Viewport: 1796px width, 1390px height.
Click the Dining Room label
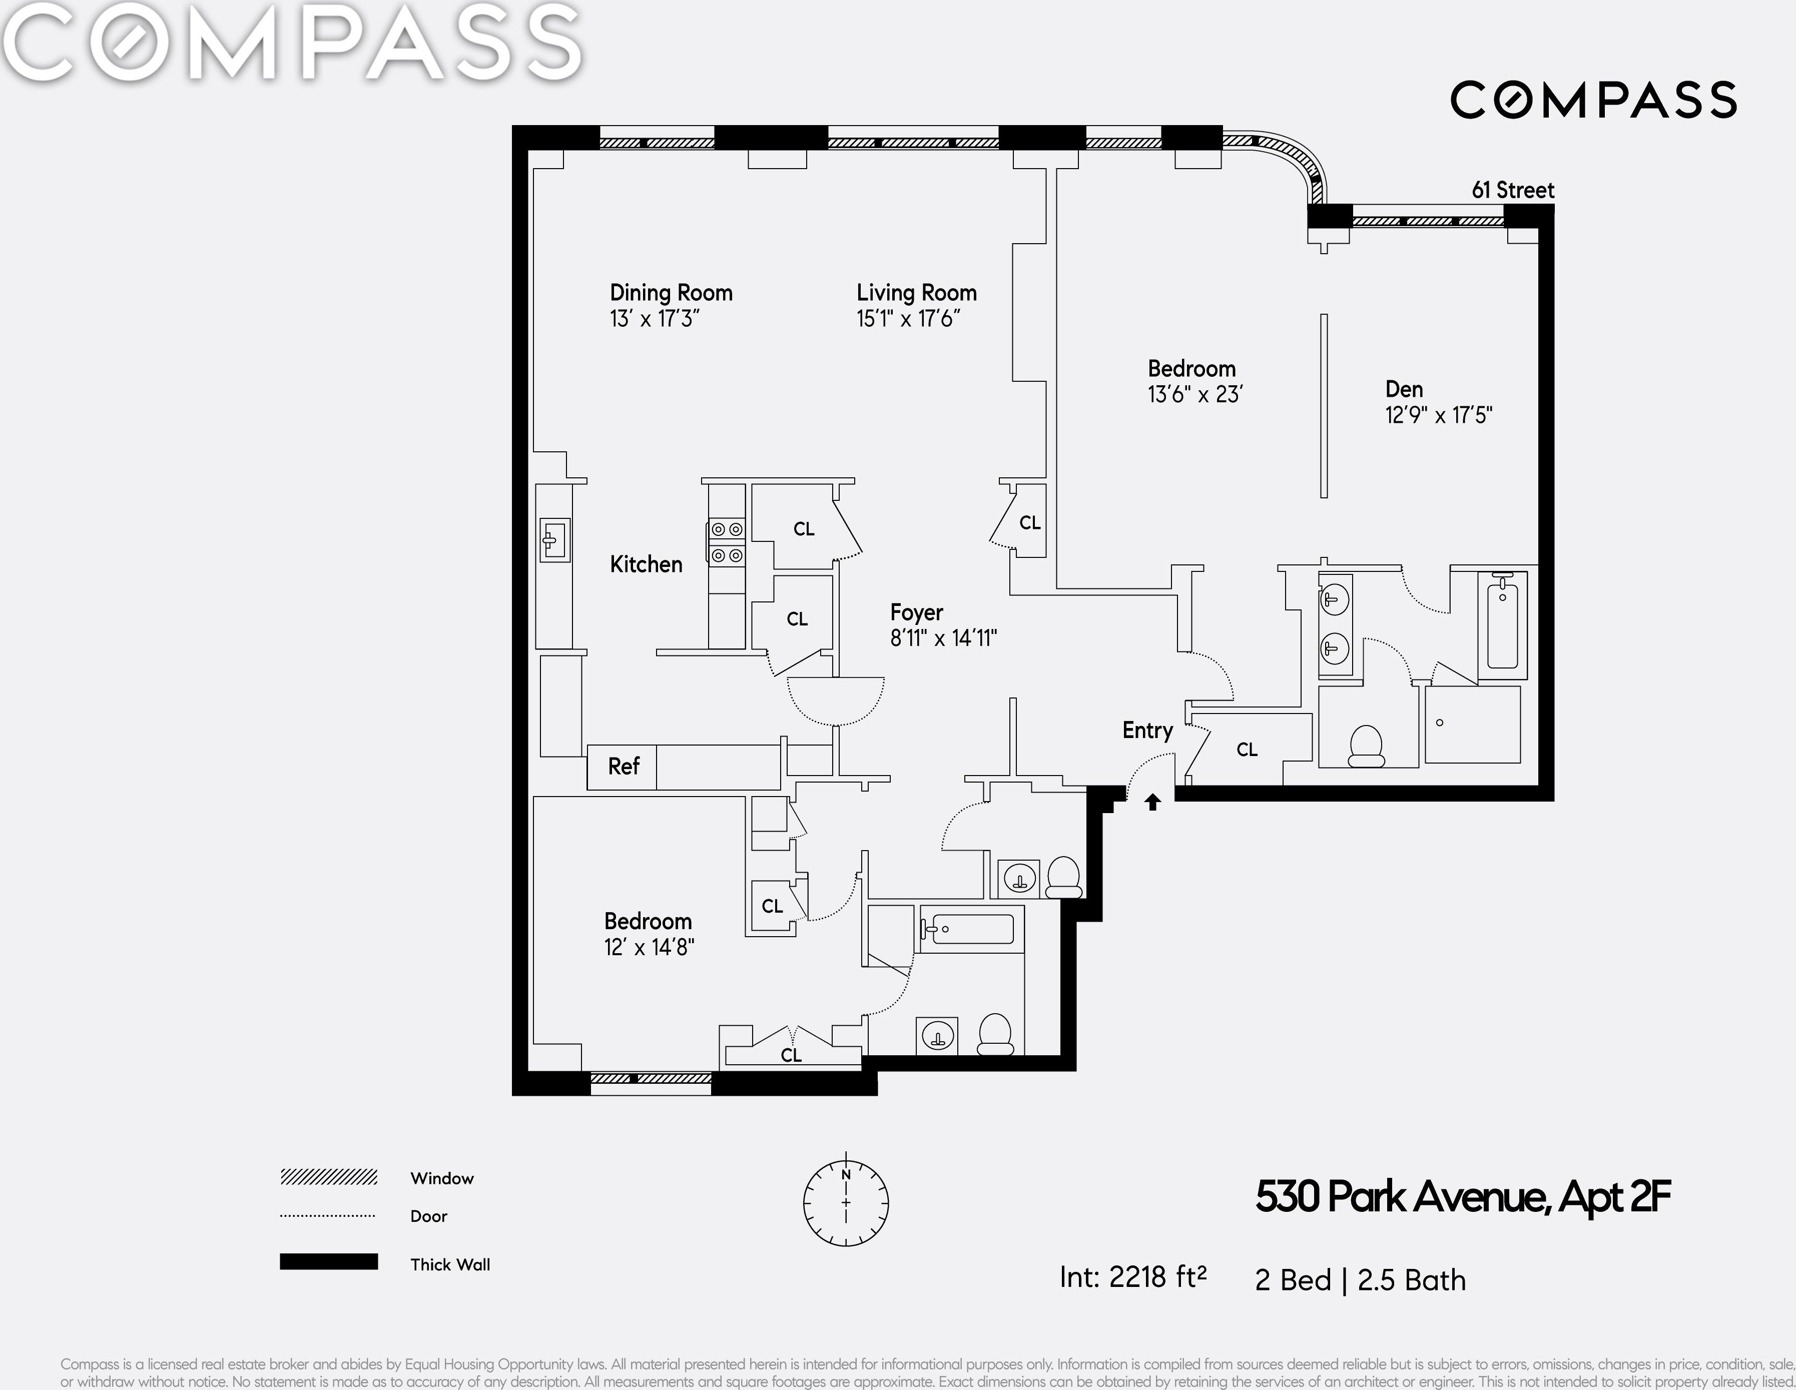[671, 293]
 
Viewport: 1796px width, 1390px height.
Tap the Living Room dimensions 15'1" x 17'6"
[908, 318]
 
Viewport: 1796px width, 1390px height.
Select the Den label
[1404, 389]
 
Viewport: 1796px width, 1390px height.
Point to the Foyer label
[916, 613]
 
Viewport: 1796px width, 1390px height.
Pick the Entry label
[1147, 731]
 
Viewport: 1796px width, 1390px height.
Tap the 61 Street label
[1513, 190]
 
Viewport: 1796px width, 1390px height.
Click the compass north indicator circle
[845, 1202]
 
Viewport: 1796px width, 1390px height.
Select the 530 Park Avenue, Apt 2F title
[1463, 1197]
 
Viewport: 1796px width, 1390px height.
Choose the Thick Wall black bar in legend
[329, 1262]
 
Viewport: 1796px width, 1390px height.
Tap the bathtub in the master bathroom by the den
[1502, 622]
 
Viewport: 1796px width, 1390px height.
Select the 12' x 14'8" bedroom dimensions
[649, 948]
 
